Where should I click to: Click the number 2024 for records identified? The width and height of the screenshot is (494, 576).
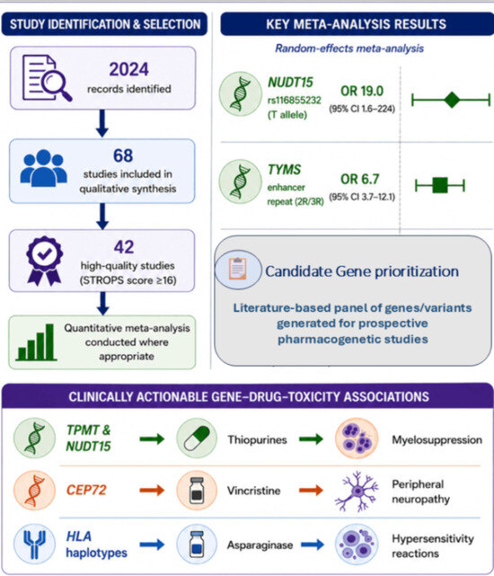129,69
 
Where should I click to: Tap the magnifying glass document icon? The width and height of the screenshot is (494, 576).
47,78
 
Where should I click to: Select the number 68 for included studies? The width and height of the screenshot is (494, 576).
123,155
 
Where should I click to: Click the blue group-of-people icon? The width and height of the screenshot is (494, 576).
44,168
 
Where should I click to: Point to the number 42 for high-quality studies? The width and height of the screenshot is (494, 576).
124,247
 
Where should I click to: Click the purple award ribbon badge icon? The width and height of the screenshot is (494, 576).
44,261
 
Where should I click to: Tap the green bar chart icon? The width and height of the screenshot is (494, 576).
36,342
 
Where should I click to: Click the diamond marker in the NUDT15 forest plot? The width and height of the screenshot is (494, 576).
452,100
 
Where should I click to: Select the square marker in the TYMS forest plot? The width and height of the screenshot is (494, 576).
439,185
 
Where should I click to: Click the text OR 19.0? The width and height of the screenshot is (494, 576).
362,91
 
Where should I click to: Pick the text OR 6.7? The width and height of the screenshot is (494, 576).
359,179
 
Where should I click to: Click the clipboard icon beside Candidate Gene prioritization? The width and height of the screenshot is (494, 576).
238,270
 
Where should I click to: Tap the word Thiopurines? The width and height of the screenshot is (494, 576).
257,439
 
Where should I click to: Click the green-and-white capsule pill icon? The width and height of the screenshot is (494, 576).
197,439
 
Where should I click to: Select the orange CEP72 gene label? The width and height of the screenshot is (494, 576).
86,490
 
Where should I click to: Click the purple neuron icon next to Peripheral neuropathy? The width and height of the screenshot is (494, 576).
357,492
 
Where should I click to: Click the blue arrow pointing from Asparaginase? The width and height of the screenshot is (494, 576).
313,545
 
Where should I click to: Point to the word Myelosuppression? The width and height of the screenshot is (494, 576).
437,439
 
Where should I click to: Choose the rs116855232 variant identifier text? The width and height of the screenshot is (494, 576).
295,101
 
